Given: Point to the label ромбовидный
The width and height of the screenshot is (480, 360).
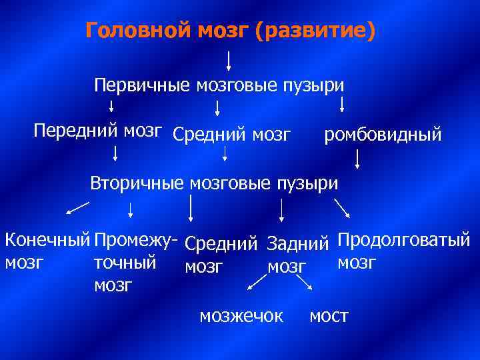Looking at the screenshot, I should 383,135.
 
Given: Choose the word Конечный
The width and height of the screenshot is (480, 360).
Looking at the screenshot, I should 47,239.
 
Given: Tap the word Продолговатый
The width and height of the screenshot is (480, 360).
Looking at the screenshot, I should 404,239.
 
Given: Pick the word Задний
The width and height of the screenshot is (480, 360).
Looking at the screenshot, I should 299,244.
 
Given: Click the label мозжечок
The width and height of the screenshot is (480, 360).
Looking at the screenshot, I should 241,316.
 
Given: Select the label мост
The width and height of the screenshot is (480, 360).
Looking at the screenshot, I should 329,316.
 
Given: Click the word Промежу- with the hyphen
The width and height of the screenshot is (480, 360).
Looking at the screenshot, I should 136,239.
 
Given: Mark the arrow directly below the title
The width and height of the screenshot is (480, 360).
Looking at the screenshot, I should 229,61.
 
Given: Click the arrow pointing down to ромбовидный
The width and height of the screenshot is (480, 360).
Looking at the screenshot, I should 342,104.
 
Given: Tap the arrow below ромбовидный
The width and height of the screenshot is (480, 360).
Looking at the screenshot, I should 358,158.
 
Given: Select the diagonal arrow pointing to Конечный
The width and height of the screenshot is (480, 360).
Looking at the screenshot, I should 77,209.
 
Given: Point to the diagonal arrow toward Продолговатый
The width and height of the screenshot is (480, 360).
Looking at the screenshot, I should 342,207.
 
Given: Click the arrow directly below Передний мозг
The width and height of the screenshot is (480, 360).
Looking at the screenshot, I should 116,154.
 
